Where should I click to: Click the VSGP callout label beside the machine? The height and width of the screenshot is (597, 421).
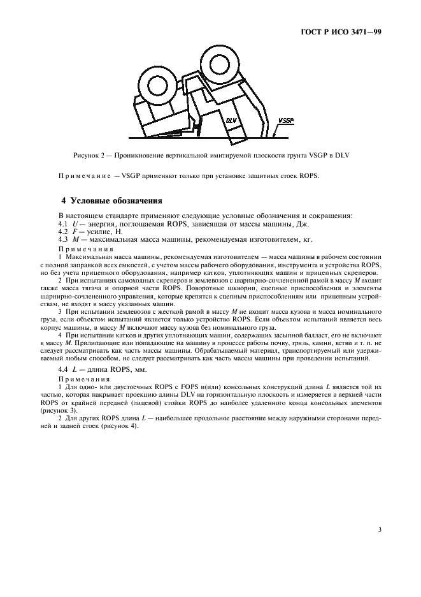(x=286, y=119)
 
